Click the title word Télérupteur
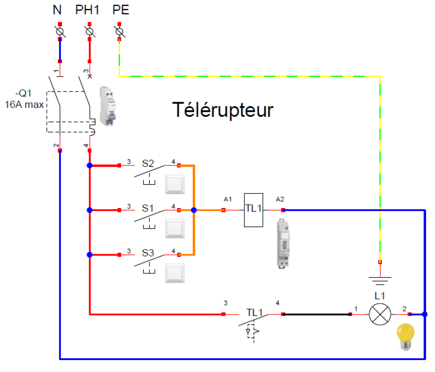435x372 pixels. pyautogui.click(x=223, y=109)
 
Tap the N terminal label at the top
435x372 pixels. pyautogui.click(x=57, y=10)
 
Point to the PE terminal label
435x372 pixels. pyautogui.click(x=121, y=10)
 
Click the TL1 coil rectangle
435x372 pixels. pyautogui.click(x=253, y=210)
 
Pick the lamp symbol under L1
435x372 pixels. pyautogui.click(x=379, y=314)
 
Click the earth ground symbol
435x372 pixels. pyautogui.click(x=380, y=280)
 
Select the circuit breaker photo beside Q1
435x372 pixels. pyautogui.click(x=109, y=106)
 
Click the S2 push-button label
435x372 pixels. pyautogui.click(x=148, y=163)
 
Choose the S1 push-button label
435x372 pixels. pyautogui.click(x=148, y=208)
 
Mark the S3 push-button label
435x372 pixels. pyautogui.click(x=148, y=253)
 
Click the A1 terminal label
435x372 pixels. pyautogui.click(x=228, y=199)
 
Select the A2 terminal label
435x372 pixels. pyautogui.click(x=280, y=199)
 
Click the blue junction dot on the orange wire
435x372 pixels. pyautogui.click(x=194, y=210)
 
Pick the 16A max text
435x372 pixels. pyautogui.click(x=25, y=104)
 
